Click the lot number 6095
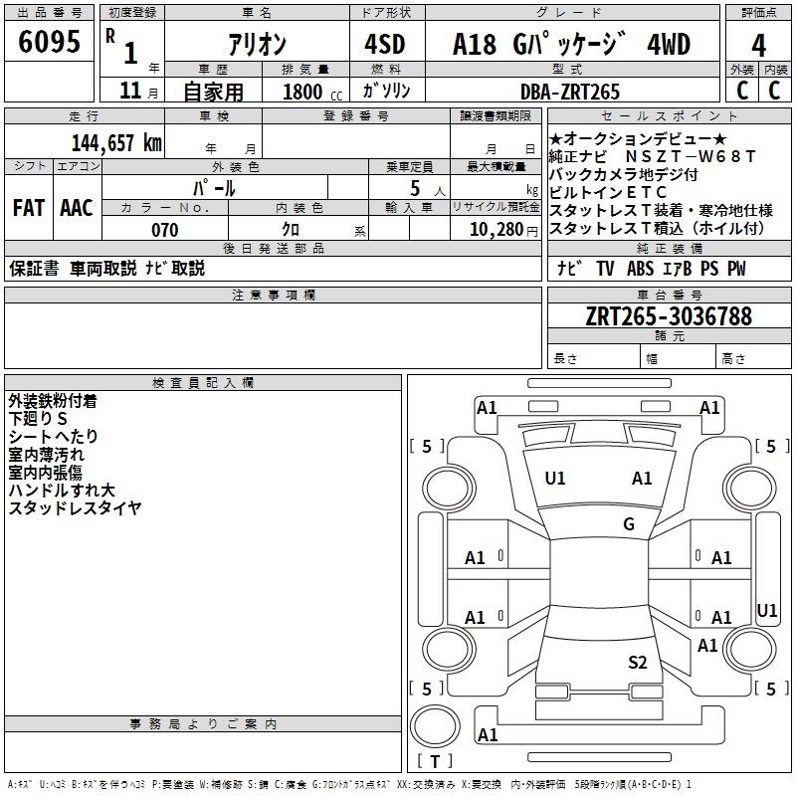(x=49, y=43)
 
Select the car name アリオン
(x=257, y=44)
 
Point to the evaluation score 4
(x=758, y=45)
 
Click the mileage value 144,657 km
(x=116, y=142)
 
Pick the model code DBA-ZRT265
(x=570, y=92)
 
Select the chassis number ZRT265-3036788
(x=669, y=316)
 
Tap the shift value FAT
(x=29, y=208)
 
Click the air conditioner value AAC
(x=77, y=208)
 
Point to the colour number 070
(x=165, y=230)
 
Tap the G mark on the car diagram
(x=629, y=524)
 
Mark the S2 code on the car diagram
(x=638, y=662)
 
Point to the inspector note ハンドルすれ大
(x=62, y=491)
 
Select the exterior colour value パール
(x=214, y=187)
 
